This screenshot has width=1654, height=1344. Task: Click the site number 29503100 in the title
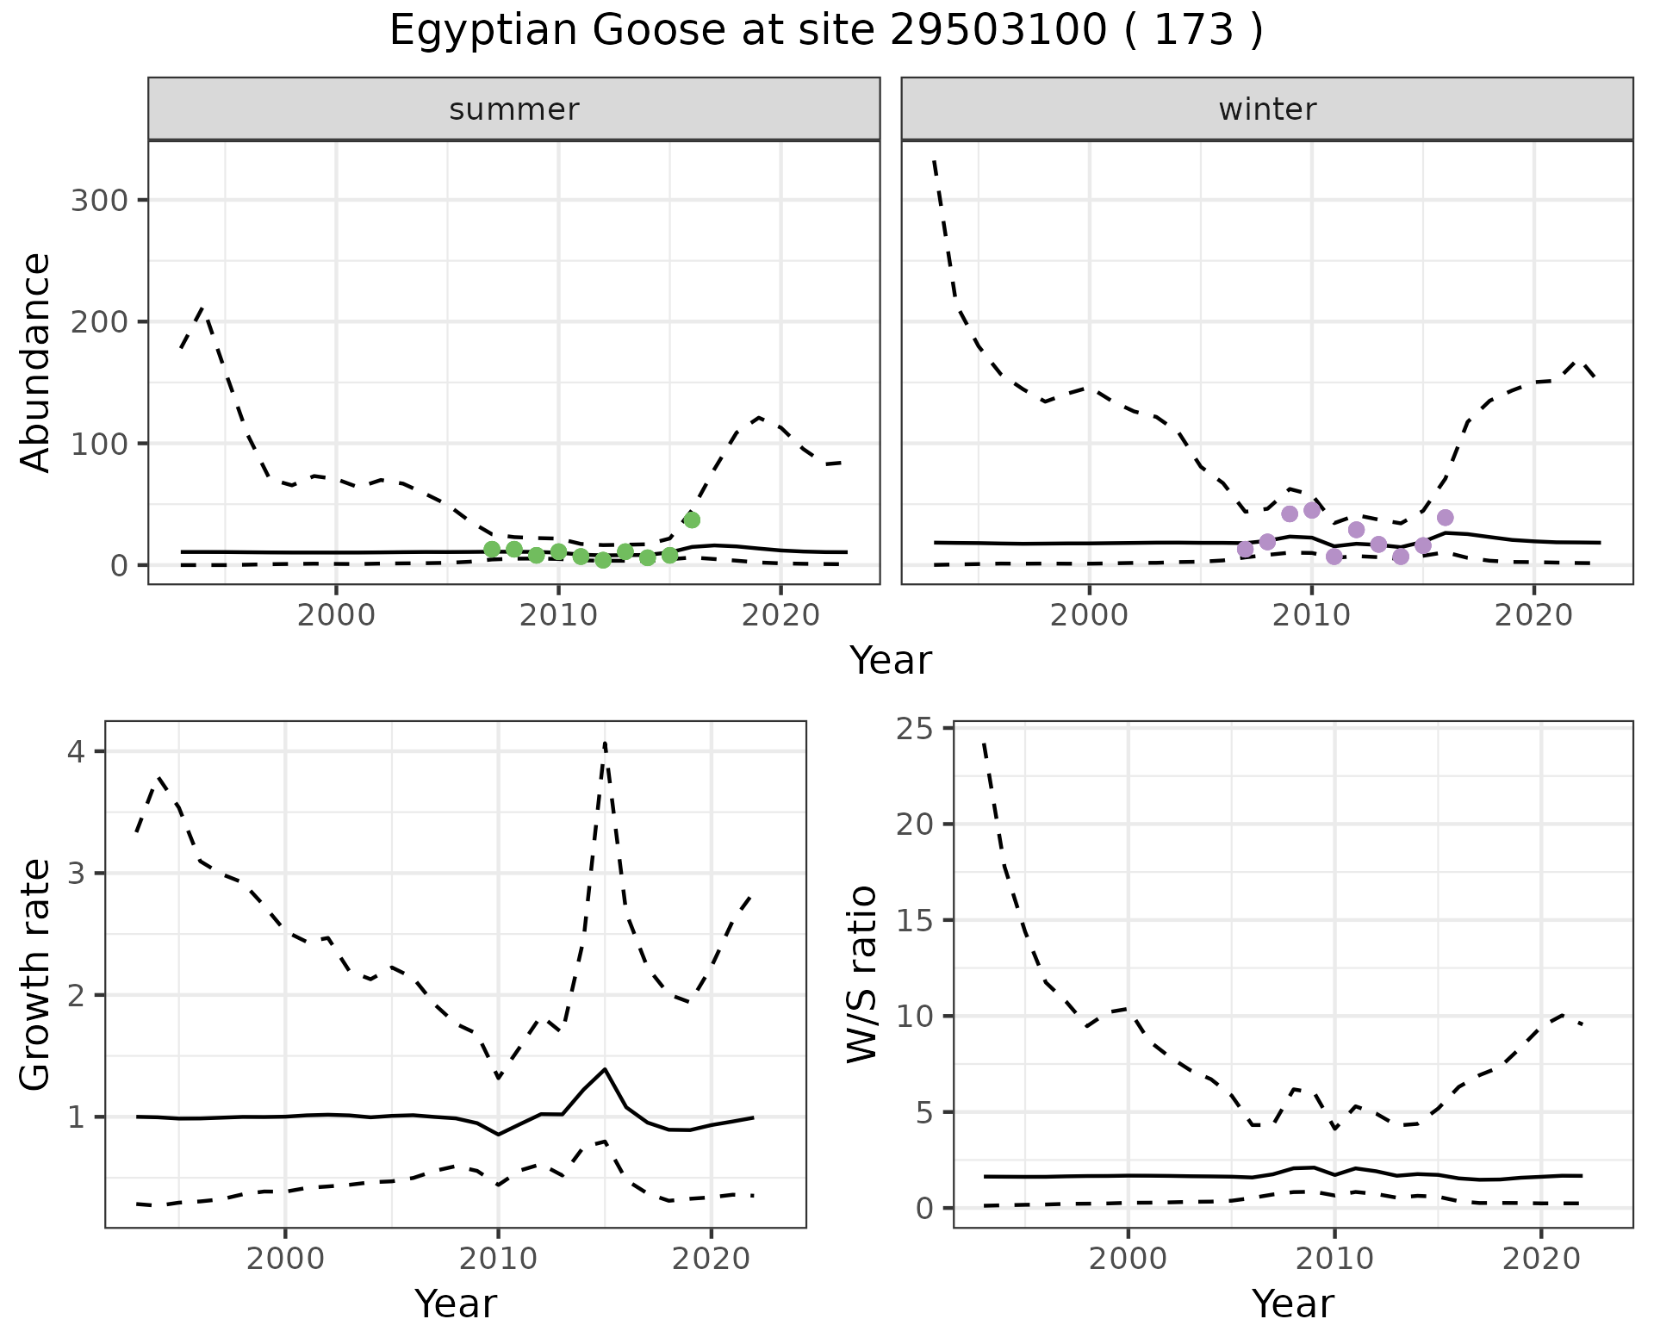(998, 31)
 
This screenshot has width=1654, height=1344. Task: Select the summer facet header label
(514, 109)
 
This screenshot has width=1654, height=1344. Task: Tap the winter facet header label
(1267, 109)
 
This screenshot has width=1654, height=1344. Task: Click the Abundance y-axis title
(35, 363)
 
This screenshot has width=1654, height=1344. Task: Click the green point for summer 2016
(692, 520)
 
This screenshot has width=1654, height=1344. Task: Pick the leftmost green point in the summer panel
(492, 549)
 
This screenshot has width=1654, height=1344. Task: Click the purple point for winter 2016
(1446, 518)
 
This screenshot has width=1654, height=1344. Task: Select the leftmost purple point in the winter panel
(1245, 549)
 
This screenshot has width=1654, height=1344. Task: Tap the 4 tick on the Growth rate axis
(77, 752)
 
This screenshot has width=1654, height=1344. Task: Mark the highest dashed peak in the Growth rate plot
(605, 743)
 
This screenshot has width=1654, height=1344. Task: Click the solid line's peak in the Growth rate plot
(605, 1068)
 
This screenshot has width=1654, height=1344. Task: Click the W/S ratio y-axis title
(862, 974)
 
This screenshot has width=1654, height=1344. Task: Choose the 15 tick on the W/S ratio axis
(915, 920)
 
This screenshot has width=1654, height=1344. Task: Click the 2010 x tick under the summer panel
(558, 616)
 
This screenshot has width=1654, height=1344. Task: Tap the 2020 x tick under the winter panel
(1533, 616)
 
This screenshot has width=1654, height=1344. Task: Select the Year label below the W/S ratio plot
(1293, 1304)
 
